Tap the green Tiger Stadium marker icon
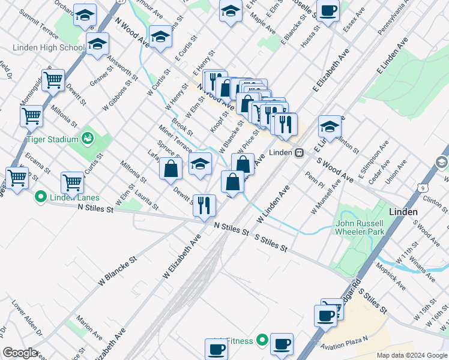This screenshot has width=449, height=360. click(x=88, y=139)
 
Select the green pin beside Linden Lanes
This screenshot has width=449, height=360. click(x=41, y=196)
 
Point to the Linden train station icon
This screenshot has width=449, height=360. click(x=298, y=152)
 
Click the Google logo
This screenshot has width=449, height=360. click(x=20, y=353)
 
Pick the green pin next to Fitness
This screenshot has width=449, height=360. click(x=262, y=341)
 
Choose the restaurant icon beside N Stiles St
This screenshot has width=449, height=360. click(x=204, y=205)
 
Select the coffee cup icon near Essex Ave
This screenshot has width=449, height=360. click(x=328, y=11)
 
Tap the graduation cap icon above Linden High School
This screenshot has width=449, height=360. click(x=97, y=44)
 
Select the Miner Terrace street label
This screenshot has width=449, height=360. click(x=175, y=139)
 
